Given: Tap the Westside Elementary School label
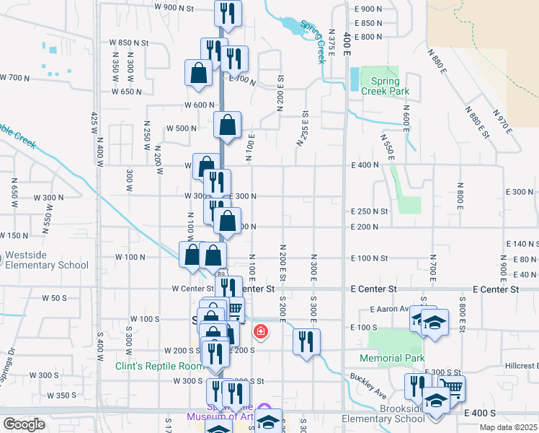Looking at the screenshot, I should click(x=46, y=261).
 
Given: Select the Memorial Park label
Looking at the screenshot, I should click(x=393, y=358).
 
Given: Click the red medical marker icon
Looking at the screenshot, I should click(x=260, y=333).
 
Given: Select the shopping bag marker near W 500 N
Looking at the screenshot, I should click(x=228, y=125).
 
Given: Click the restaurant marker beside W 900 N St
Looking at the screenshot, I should click(x=228, y=14).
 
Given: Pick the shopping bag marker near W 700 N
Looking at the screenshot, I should click(x=198, y=72).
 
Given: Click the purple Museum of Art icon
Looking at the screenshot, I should click(x=263, y=409).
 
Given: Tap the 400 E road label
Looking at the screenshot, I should click(x=347, y=44).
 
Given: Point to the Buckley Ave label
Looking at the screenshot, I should click(x=369, y=383).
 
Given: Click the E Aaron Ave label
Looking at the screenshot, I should click(x=389, y=309).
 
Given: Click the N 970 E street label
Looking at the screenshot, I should click(x=502, y=121).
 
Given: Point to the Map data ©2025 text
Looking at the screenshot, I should click(x=507, y=427).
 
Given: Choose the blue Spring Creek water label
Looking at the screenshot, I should click(x=313, y=41).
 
